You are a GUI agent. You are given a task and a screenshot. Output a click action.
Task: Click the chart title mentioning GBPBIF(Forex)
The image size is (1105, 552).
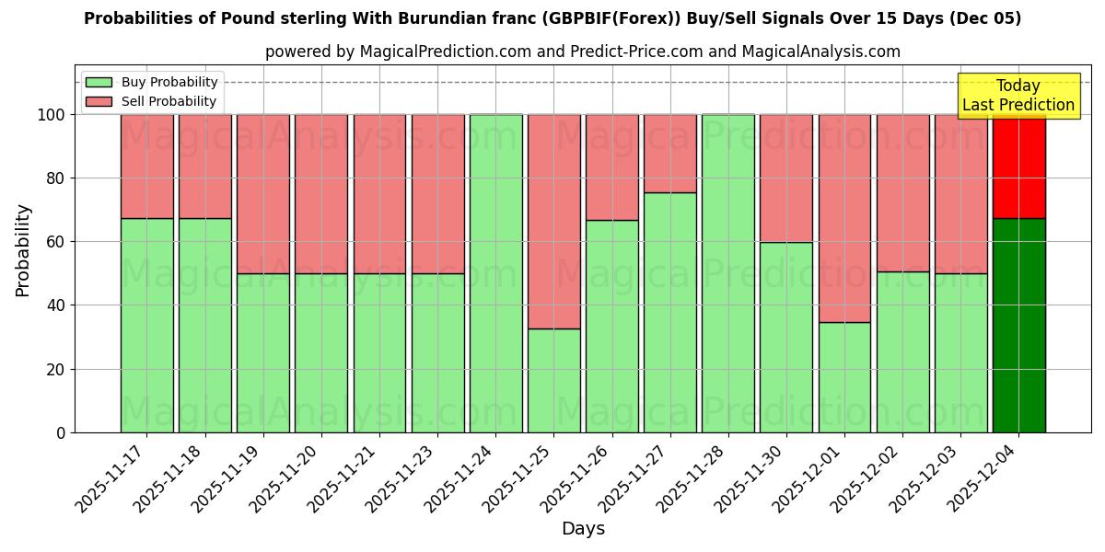[x=552, y=18]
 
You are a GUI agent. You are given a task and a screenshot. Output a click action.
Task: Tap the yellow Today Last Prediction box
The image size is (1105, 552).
[x=1018, y=96]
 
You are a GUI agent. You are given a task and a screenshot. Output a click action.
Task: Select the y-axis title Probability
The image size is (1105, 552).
[x=23, y=250]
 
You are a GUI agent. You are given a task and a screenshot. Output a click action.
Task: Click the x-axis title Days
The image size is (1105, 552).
[x=583, y=529]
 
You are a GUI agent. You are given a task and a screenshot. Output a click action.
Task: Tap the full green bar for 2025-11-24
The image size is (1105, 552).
[x=495, y=273]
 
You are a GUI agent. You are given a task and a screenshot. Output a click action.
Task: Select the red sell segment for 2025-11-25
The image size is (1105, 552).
[x=553, y=221]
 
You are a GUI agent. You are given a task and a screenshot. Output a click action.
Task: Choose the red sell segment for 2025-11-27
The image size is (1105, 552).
[x=670, y=154]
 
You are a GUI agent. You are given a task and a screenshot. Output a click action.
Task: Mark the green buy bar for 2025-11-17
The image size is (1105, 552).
[x=146, y=325]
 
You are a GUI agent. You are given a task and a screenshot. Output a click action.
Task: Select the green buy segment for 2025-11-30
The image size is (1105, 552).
[x=786, y=337]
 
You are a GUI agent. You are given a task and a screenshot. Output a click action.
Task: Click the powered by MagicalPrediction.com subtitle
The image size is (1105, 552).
[x=583, y=52]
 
